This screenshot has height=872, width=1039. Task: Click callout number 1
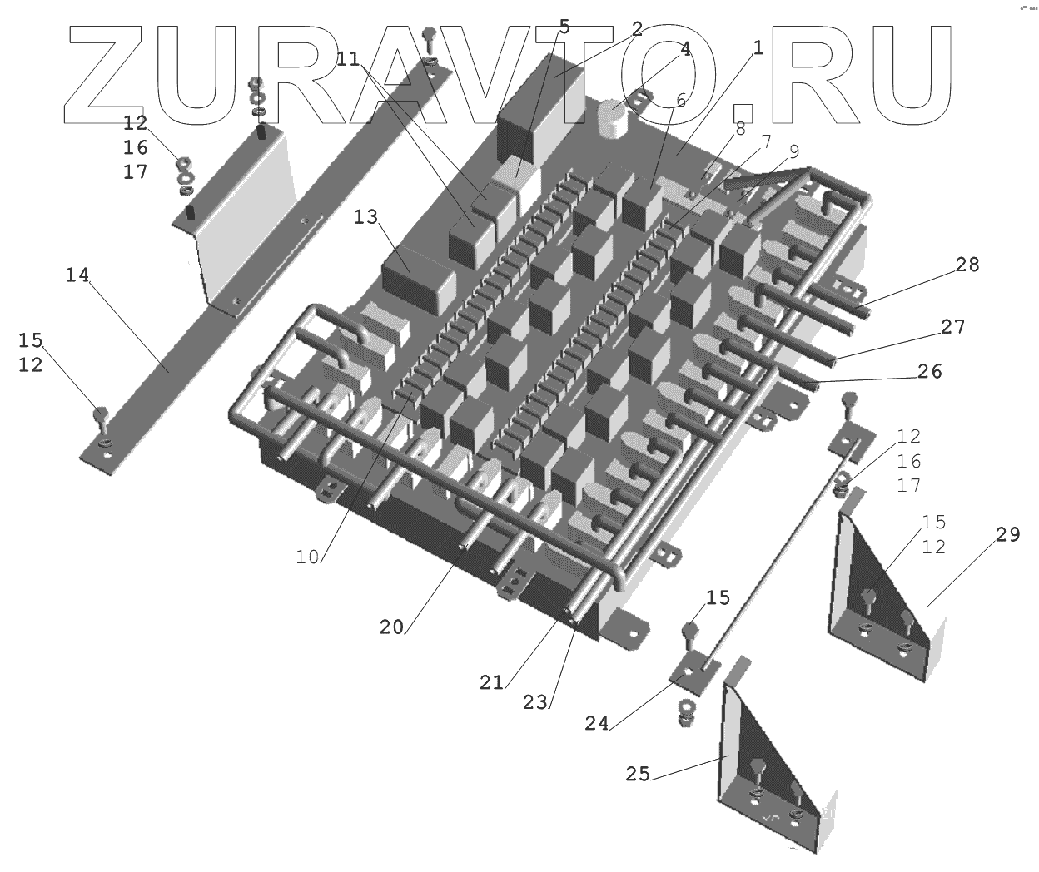coord(758,47)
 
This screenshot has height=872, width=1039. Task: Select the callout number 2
coord(637,29)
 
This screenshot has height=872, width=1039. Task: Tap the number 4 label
coord(685,48)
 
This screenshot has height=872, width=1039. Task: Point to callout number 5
coord(564,26)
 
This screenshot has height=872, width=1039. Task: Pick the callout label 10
coord(307,557)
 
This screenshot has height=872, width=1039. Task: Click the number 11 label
coord(349,58)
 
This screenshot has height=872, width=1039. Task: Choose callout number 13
coord(365,217)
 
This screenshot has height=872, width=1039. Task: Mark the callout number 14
coord(77,275)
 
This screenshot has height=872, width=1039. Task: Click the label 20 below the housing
coord(391,627)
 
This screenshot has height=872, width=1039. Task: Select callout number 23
coord(536,701)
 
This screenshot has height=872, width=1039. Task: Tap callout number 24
coord(597,723)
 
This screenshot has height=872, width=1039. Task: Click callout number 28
coord(968,265)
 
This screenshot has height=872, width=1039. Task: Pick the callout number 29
coord(1007,534)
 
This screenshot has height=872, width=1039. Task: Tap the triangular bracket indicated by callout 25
coord(766,765)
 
